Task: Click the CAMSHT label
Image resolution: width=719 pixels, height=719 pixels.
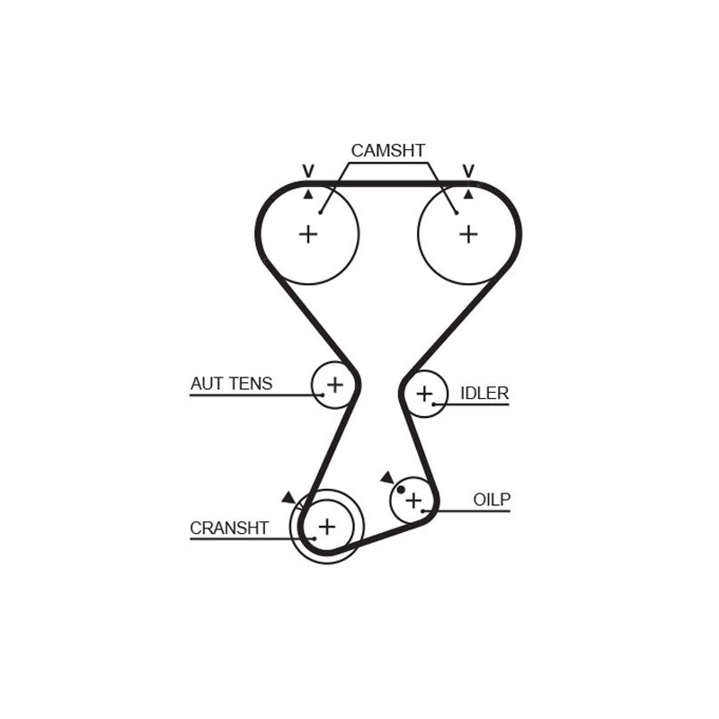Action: (388, 150)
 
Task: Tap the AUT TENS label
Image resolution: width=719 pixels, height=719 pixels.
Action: (231, 384)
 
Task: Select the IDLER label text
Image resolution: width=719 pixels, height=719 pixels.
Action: (484, 394)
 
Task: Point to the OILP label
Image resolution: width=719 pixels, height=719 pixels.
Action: (492, 500)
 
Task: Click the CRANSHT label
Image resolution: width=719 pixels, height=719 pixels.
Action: (229, 528)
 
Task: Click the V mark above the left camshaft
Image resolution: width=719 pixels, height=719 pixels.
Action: (308, 171)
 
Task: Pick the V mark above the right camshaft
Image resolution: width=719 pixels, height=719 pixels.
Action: (468, 171)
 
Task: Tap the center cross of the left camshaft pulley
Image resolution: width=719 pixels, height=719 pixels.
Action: (308, 235)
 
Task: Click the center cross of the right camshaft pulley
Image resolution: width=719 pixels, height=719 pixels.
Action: (468, 235)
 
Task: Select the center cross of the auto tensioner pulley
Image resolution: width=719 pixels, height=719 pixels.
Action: (334, 385)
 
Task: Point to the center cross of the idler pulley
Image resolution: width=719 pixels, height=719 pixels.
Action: (424, 394)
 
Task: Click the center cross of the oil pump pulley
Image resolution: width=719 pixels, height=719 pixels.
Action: (413, 501)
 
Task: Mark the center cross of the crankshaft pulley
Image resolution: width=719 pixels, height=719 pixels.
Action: (327, 527)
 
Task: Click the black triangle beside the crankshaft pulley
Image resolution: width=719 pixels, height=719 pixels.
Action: (288, 497)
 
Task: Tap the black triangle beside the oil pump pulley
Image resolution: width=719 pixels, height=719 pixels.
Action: (387, 477)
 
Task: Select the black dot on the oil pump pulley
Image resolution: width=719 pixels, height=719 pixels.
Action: (401, 490)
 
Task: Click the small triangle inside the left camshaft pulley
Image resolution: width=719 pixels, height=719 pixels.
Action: (308, 194)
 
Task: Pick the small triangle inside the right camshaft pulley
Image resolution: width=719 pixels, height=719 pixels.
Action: (468, 194)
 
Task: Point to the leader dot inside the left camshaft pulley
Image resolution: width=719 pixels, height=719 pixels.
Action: (321, 212)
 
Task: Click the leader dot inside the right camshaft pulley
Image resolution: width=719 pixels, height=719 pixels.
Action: (457, 212)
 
